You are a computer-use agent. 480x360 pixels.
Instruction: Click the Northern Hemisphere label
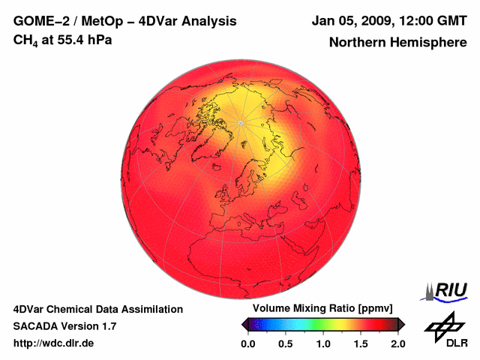pos(397,42)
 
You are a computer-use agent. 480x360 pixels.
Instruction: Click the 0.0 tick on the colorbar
pos(248,343)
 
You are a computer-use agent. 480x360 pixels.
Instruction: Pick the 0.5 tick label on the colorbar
pos(286,343)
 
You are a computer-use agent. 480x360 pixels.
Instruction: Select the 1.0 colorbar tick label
pos(323,343)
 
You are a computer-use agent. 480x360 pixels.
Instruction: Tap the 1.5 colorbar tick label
pos(361,343)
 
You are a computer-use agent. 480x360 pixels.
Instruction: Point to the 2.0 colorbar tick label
pos(397,343)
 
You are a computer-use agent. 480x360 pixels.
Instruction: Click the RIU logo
pos(447,290)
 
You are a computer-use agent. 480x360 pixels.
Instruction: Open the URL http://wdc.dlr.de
pos(54,343)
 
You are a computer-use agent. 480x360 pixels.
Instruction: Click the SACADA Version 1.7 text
pos(64,326)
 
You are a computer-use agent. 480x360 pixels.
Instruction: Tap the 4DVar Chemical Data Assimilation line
pos(97,309)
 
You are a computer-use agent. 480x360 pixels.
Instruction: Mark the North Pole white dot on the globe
pos(240,122)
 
